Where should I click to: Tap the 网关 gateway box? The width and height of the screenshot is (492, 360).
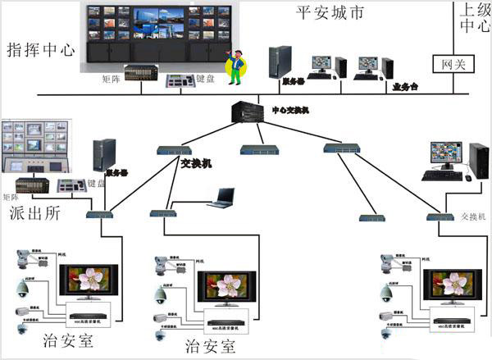point(448,63)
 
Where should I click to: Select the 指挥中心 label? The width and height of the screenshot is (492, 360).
point(40,48)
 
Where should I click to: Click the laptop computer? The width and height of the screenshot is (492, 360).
point(222,198)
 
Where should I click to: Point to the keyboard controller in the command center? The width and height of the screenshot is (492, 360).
point(180,80)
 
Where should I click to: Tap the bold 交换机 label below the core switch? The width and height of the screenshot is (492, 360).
point(195,163)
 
